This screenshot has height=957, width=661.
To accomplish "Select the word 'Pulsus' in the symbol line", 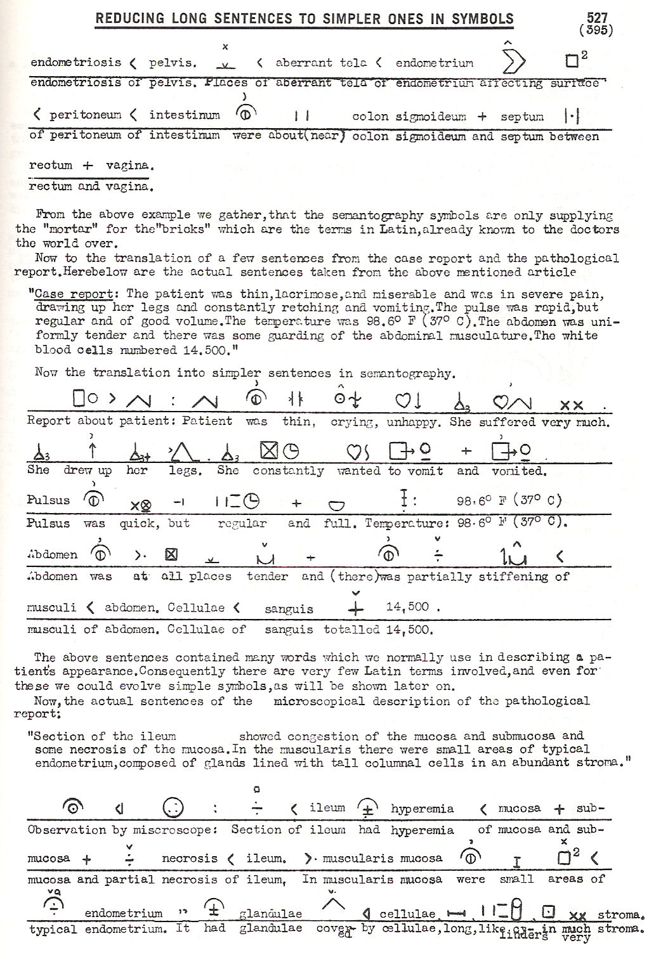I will tap(48, 500).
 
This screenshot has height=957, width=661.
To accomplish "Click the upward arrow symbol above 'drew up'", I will tap(93, 451).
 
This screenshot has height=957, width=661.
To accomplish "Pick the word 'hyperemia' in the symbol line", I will tap(422, 809).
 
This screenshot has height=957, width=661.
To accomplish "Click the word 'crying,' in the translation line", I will tap(353, 422).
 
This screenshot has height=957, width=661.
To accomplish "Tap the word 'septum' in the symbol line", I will tap(522, 117).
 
